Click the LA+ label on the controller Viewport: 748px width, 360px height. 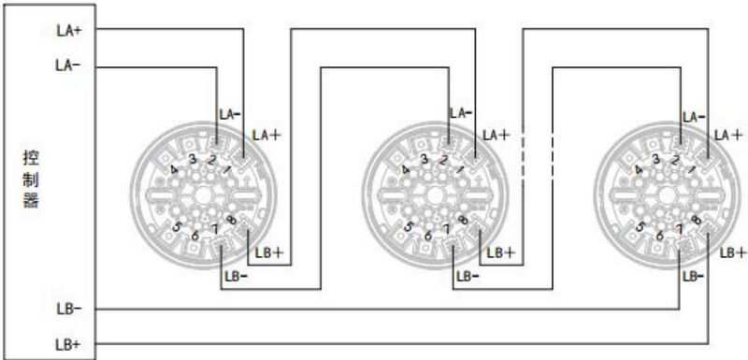pyautogui.click(x=68, y=29)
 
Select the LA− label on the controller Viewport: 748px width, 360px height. pyautogui.click(x=68, y=65)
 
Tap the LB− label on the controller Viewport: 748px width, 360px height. pyautogui.click(x=67, y=308)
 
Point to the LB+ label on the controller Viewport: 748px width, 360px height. pyautogui.click(x=67, y=344)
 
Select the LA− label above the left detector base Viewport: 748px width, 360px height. pyautogui.click(x=230, y=113)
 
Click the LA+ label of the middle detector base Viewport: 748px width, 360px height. pyautogui.click(x=496, y=135)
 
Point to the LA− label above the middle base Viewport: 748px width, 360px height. pyautogui.click(x=459, y=112)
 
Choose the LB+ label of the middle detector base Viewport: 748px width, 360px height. pyautogui.click(x=501, y=253)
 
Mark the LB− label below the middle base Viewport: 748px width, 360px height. pyautogui.click(x=467, y=276)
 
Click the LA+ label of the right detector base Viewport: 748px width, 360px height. pyautogui.click(x=729, y=135)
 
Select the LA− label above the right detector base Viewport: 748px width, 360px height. pyautogui.click(x=694, y=117)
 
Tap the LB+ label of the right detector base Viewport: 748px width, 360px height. pyautogui.click(x=732, y=252)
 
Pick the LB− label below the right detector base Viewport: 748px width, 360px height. pyautogui.click(x=693, y=276)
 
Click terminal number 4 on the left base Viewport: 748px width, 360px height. pyautogui.click(x=175, y=169)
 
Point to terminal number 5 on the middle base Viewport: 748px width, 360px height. pyautogui.click(x=408, y=225)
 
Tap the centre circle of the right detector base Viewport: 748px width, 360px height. pyautogui.click(x=665, y=197)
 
